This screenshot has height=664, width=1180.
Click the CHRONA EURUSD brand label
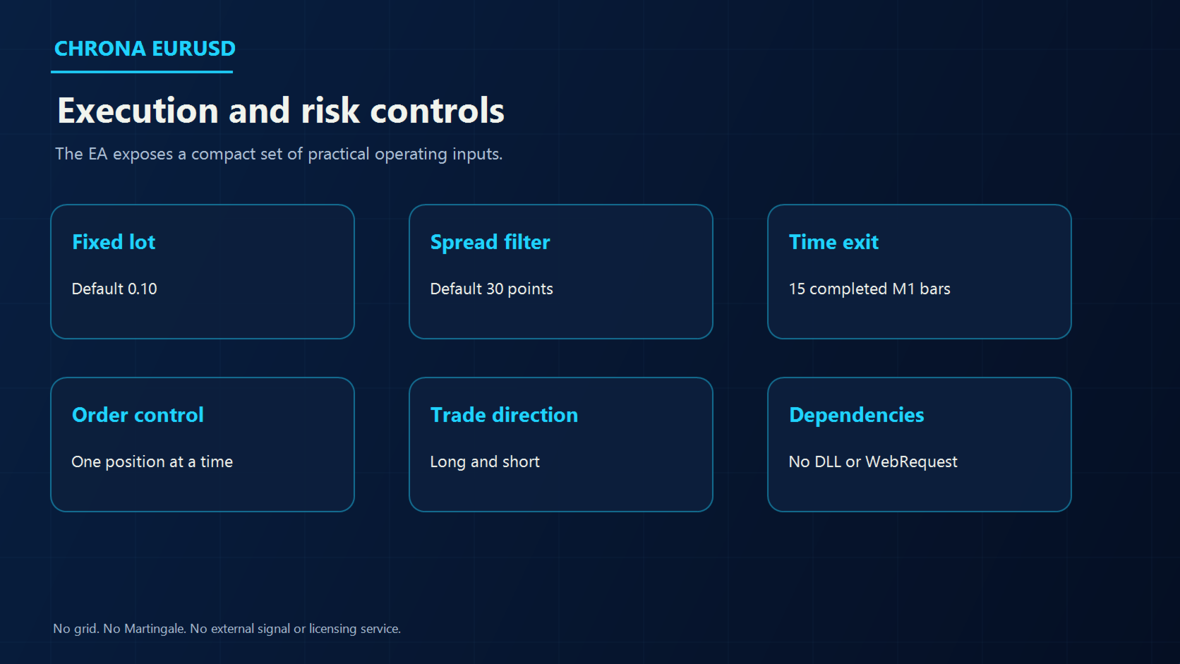pyautogui.click(x=145, y=49)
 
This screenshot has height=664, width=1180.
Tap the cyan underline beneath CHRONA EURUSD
pyautogui.click(x=142, y=71)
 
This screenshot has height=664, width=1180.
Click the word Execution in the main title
pyautogui.click(x=138, y=111)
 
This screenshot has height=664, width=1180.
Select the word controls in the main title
pyautogui.click(x=438, y=111)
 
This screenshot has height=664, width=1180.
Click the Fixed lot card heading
pyautogui.click(x=114, y=242)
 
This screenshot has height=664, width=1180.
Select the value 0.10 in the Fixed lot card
pyautogui.click(x=143, y=289)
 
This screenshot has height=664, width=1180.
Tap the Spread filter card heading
pyautogui.click(x=490, y=242)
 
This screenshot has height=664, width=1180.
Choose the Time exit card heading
pyautogui.click(x=833, y=242)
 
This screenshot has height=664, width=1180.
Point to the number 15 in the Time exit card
pyautogui.click(x=797, y=289)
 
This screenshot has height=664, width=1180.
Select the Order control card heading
pyautogui.click(x=138, y=415)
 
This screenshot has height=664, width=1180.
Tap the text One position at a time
pyautogui.click(x=152, y=461)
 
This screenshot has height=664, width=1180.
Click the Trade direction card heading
pyautogui.click(x=504, y=415)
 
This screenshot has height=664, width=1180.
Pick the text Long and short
pyautogui.click(x=485, y=461)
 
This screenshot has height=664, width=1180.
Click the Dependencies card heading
pyautogui.click(x=857, y=415)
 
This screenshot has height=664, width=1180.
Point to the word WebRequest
pyautogui.click(x=911, y=461)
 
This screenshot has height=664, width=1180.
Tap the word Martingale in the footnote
pyautogui.click(x=154, y=629)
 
